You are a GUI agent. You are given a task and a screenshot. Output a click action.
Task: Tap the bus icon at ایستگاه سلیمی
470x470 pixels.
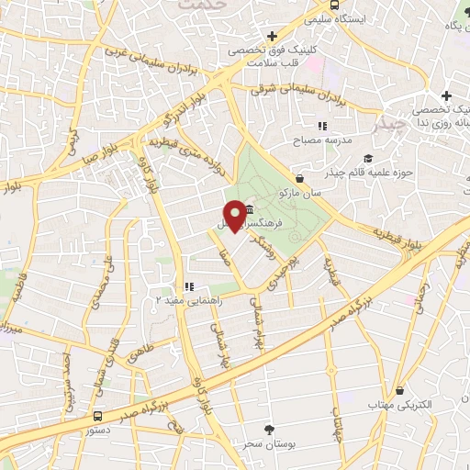[x=314, y=17]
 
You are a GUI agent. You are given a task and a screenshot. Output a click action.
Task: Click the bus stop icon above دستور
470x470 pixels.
[x=98, y=414]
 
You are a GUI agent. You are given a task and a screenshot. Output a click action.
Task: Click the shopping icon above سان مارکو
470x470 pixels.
[x=299, y=178]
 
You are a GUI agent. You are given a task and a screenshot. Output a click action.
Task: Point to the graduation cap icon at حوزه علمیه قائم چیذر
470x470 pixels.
[x=367, y=158]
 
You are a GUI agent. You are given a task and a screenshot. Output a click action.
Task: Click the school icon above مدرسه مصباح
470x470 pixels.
[x=322, y=125]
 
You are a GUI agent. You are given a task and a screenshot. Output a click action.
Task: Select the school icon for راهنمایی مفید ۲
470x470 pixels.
[x=190, y=286]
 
